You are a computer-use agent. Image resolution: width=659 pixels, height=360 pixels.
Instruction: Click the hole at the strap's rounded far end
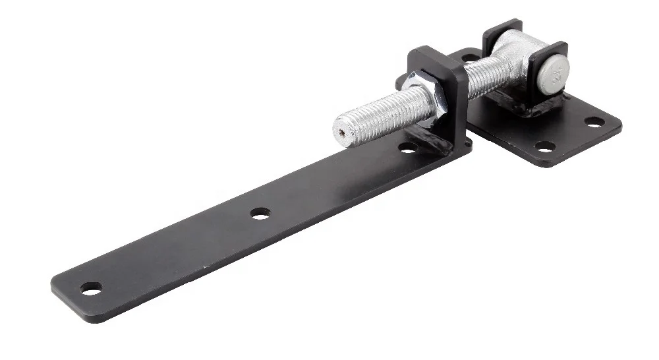[x=91, y=288]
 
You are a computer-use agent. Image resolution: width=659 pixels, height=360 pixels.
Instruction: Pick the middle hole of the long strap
[x=260, y=214]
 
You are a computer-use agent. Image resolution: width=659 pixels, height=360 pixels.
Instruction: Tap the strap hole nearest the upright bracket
[x=409, y=148]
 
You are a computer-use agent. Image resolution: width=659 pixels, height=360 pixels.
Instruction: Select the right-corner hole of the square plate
[x=594, y=122]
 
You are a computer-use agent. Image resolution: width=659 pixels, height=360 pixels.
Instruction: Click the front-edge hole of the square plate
[x=544, y=146]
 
